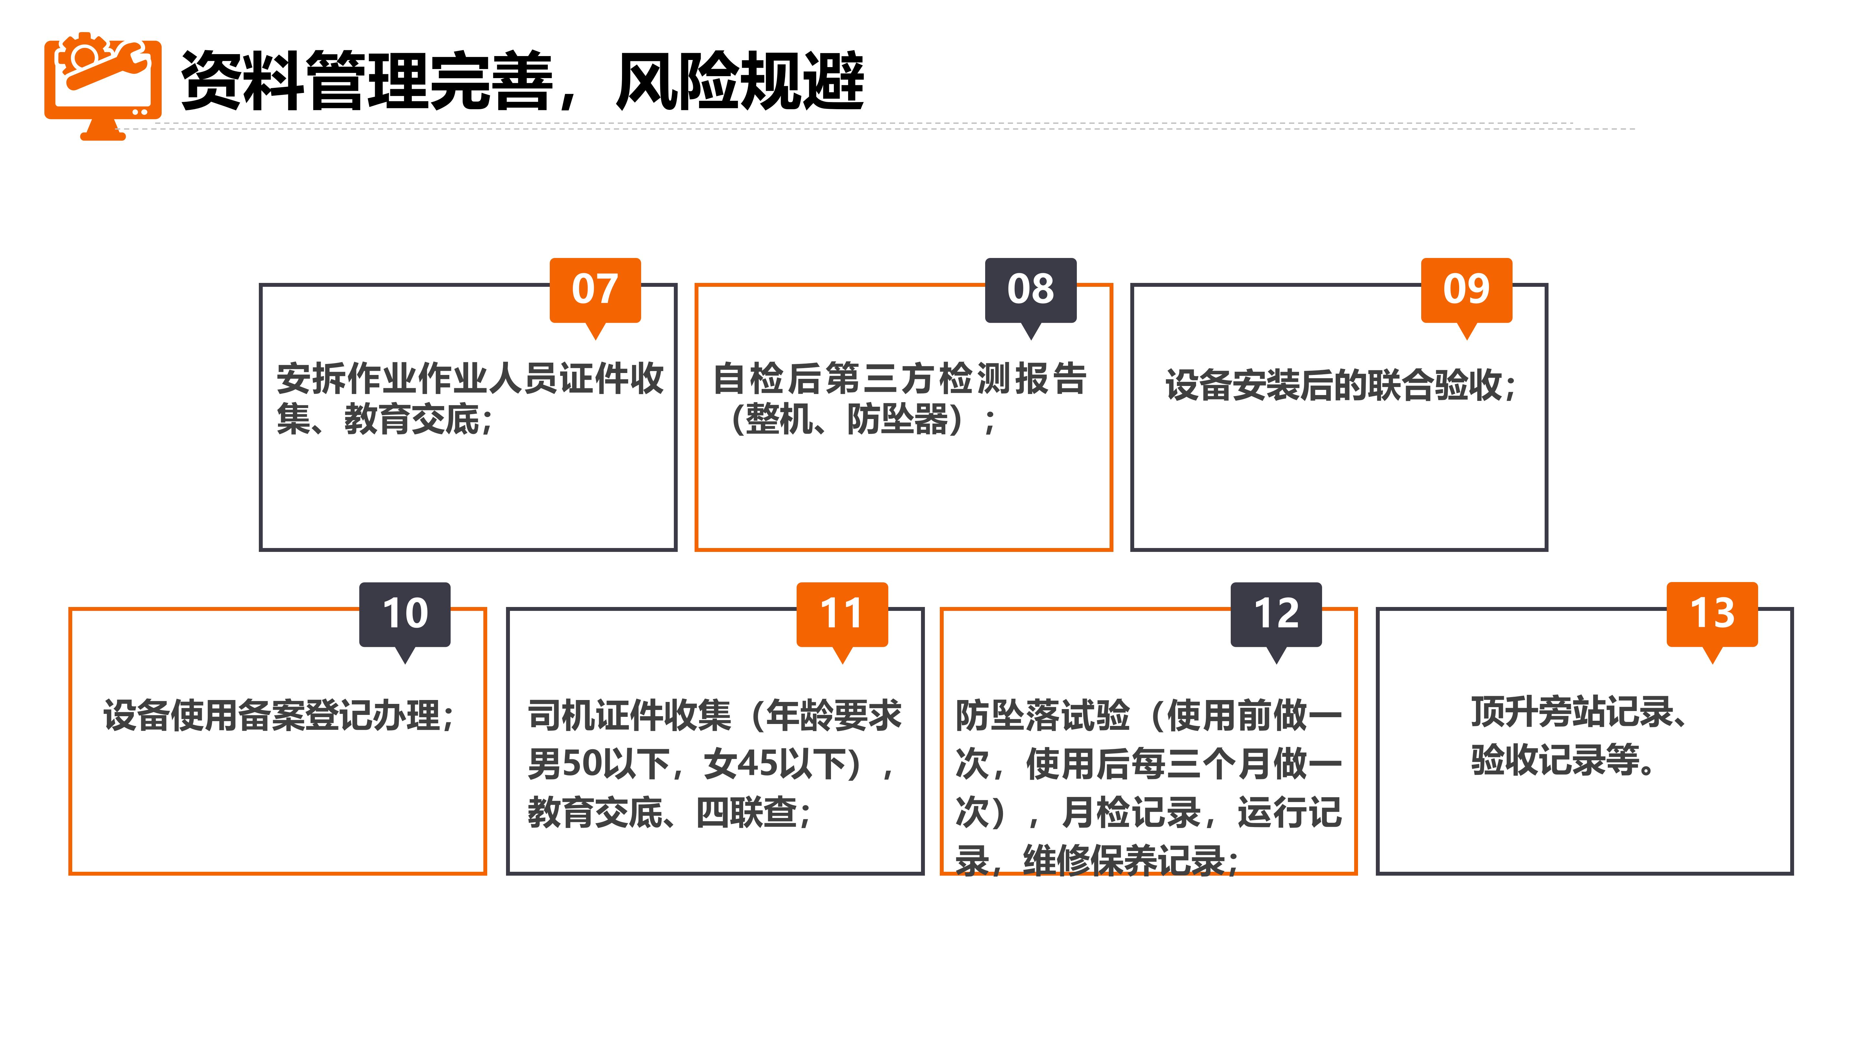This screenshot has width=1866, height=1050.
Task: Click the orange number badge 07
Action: click(x=595, y=290)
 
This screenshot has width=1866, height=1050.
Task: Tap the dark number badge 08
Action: click(x=1030, y=290)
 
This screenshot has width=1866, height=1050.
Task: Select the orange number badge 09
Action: click(x=1466, y=290)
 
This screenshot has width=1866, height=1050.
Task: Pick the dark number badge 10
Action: click(x=405, y=614)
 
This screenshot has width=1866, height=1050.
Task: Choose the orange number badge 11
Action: click(x=842, y=614)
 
